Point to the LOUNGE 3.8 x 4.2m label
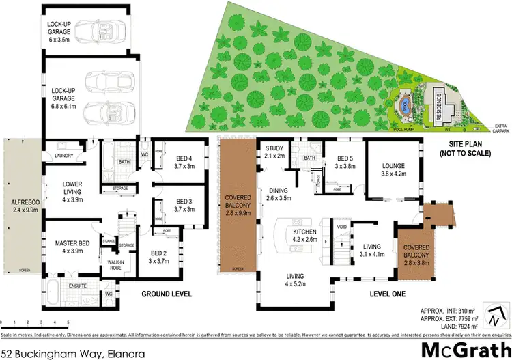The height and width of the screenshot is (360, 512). point(394,168)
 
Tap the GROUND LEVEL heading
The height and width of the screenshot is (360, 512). point(166,294)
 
